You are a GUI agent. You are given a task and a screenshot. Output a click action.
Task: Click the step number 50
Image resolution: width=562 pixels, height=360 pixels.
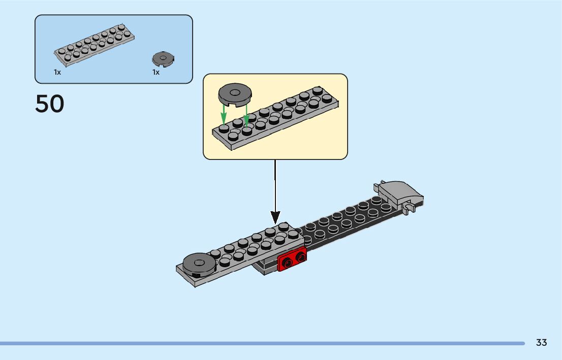click(49, 104)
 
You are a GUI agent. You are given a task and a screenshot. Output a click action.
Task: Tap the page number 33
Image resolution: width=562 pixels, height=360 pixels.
click(541, 342)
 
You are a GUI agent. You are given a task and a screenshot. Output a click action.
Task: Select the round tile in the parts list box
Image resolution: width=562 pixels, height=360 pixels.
click(163, 59)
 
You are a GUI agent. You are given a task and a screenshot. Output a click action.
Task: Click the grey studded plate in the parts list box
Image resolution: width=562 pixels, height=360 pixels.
click(95, 45)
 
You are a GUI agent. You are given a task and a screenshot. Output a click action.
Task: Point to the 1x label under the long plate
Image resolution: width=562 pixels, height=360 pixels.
click(57, 73)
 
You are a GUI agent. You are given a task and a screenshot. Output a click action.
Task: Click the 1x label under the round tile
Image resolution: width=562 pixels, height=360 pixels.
click(156, 73)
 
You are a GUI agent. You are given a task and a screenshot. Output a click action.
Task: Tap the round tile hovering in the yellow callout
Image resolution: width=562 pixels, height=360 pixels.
click(235, 95)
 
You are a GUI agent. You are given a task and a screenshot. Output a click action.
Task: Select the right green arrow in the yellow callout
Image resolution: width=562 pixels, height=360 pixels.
click(246, 115)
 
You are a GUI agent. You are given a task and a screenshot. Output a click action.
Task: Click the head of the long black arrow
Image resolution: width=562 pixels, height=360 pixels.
click(275, 217)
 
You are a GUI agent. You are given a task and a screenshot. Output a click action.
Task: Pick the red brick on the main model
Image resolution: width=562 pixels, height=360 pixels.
click(292, 258)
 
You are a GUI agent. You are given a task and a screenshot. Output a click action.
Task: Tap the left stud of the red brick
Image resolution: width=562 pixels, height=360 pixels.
click(287, 264)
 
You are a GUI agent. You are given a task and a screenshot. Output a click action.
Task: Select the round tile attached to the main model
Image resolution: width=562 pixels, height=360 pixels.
click(199, 265)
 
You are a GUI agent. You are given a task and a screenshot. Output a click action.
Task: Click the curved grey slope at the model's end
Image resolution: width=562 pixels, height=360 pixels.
click(401, 193)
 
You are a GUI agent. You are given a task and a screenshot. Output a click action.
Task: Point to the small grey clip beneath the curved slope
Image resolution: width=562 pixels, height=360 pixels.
click(410, 208)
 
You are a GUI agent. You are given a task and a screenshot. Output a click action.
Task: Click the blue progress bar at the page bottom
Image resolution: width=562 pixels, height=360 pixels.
click(262, 343)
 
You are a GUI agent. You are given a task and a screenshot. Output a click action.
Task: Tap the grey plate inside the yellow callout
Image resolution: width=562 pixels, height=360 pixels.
click(275, 118)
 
